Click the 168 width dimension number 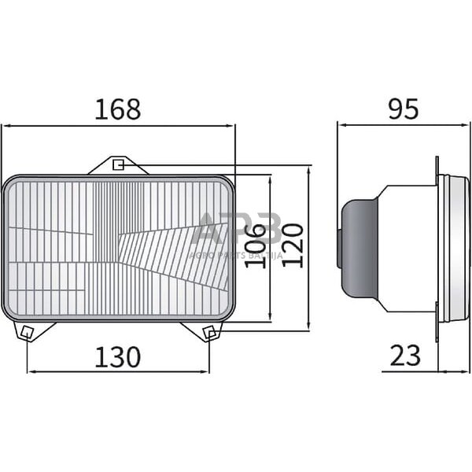118,109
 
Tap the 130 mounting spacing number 118,357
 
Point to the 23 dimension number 405,356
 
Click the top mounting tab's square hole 118,164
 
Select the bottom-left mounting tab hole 26,331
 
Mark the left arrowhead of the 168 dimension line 6,124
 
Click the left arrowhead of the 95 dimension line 341,124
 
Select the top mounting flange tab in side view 437,166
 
